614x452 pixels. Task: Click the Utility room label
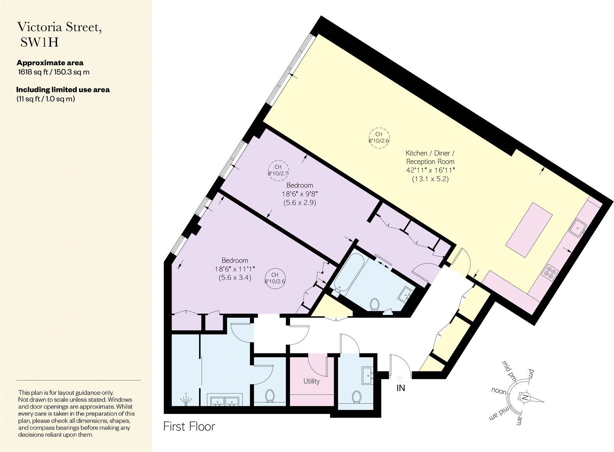(311, 381)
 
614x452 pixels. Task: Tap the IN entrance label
(401, 388)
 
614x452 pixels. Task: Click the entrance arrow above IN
(400, 378)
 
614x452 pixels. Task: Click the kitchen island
(529, 230)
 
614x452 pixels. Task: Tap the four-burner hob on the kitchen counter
(549, 272)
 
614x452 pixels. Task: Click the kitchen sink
(577, 228)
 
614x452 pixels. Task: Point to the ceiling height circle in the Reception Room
(379, 137)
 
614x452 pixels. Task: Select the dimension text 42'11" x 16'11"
(430, 170)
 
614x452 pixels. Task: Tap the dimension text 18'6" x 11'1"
(235, 269)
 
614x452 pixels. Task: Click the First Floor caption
(189, 426)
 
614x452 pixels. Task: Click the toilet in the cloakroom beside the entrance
(356, 397)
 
